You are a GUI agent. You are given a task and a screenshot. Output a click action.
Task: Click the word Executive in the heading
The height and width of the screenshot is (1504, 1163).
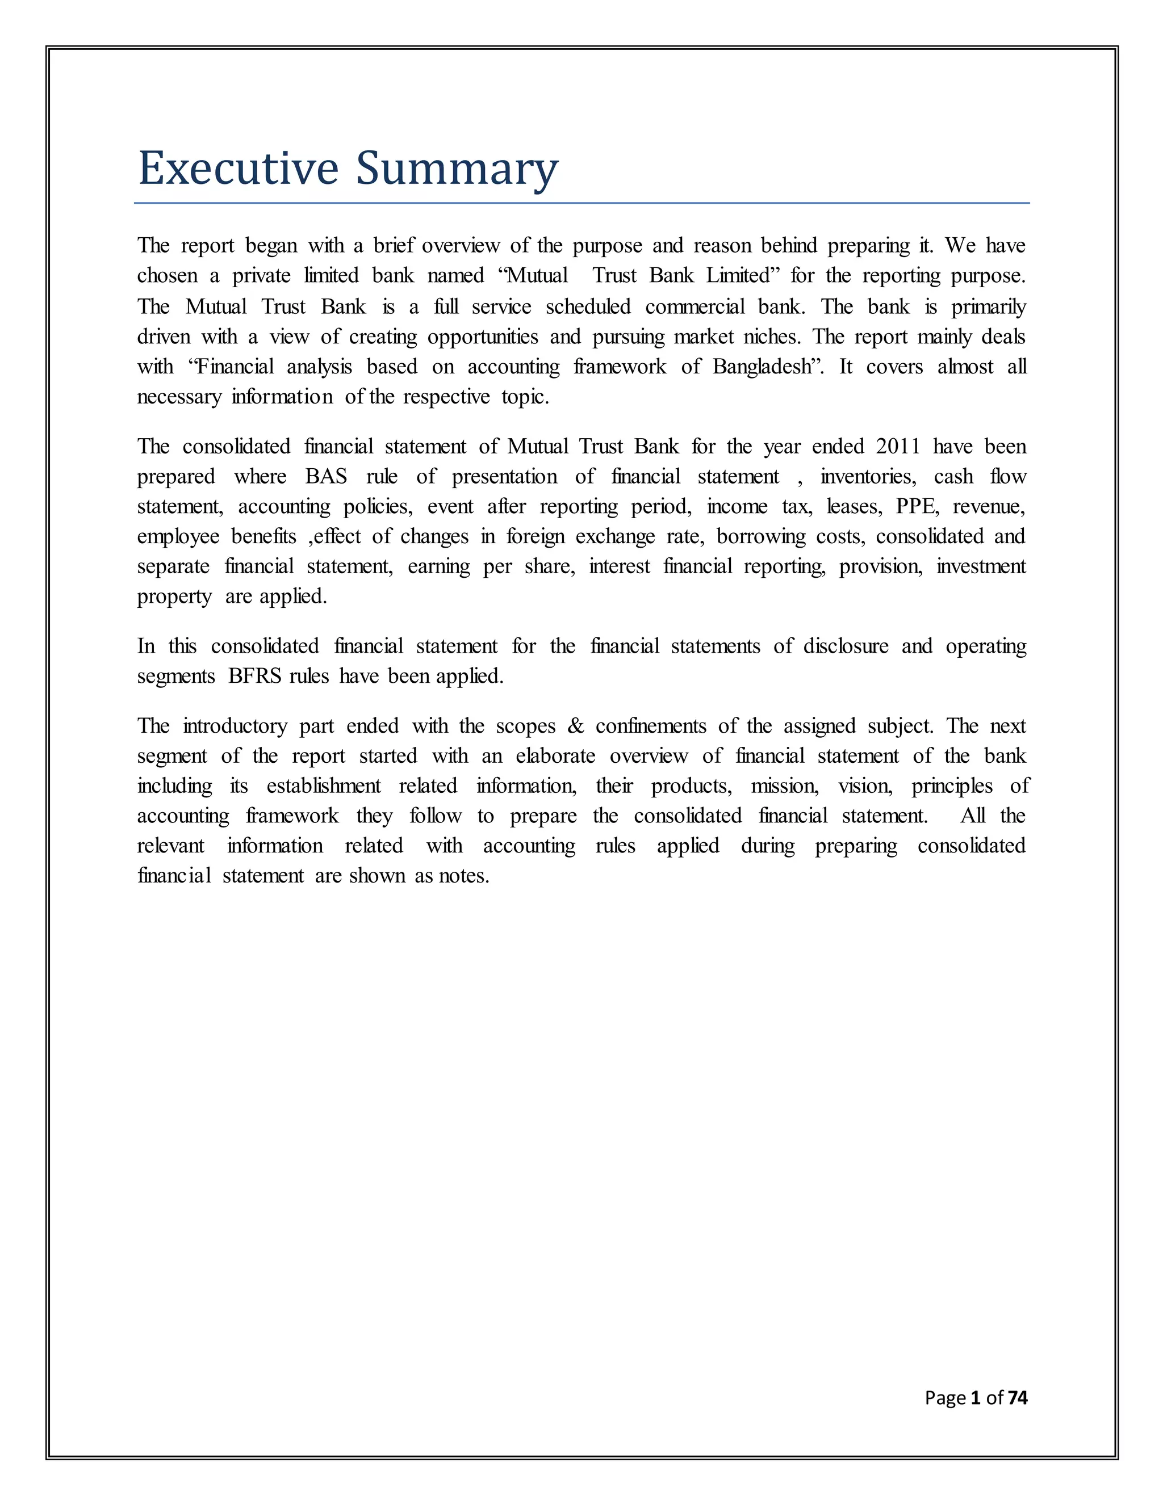point(239,168)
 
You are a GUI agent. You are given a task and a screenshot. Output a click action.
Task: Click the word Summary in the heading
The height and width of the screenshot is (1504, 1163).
point(456,168)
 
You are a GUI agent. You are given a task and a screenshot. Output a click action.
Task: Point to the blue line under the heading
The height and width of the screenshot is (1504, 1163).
point(581,203)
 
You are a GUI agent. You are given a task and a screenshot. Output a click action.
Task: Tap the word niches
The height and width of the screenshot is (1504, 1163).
point(771,337)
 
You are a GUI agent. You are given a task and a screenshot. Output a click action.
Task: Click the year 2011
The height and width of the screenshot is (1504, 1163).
point(898,446)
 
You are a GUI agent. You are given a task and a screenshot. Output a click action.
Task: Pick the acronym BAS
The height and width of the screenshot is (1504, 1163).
point(326,477)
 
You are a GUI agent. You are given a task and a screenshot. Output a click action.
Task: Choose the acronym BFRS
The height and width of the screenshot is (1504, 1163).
point(255,677)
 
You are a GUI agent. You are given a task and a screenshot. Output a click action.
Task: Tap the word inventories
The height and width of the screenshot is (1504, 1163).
point(868,477)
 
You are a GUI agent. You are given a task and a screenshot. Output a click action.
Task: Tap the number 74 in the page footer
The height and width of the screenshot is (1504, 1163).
point(1017,1397)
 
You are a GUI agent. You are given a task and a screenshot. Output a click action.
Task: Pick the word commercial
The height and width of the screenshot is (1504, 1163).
point(695,306)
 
